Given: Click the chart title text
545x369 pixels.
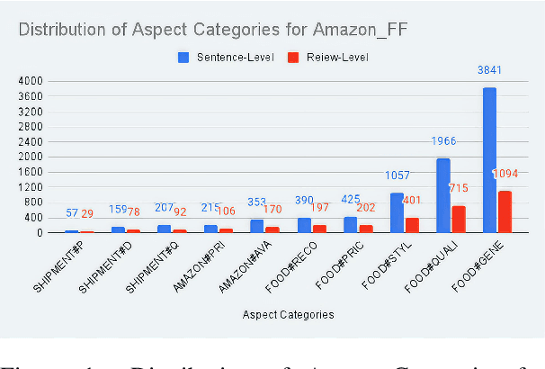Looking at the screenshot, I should [x=165, y=30].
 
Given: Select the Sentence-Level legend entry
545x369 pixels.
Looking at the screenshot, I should [x=227, y=56].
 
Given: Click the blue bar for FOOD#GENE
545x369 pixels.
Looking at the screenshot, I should [x=489, y=159].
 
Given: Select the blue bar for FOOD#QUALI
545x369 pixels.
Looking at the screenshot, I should [x=442, y=195].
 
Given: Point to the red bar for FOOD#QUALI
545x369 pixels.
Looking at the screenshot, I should [x=457, y=219].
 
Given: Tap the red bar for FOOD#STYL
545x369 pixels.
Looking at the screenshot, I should [x=411, y=225].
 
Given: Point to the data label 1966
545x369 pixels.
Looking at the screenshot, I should [x=443, y=141].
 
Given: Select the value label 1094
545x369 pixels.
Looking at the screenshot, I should [x=505, y=173].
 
